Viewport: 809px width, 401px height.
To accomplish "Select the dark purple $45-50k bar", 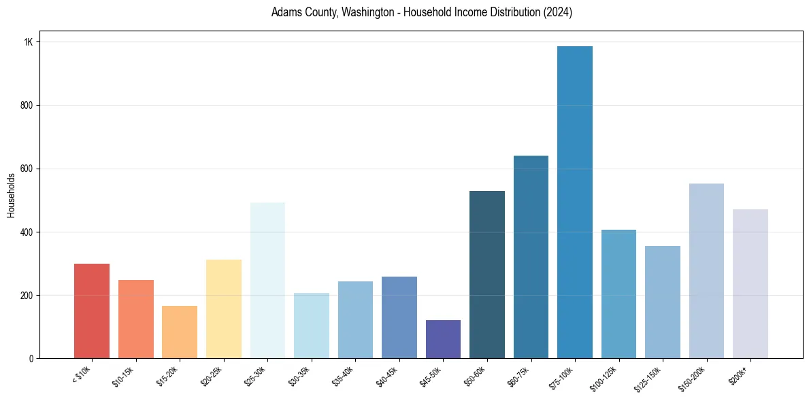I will coord(443,339).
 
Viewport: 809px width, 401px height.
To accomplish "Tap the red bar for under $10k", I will coord(92,311).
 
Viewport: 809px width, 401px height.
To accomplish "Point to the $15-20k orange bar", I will coord(180,332).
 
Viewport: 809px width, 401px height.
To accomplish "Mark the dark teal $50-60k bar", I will coord(487,275).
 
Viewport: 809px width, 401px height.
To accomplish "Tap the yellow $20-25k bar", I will coord(224,309).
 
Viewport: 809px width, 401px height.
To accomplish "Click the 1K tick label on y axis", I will coord(29,42).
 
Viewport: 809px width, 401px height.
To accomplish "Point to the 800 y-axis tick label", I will coord(27,105).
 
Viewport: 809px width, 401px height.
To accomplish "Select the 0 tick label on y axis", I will coord(31,358).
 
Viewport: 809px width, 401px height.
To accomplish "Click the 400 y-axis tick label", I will coord(27,232).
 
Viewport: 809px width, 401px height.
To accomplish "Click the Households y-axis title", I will coord(11,195).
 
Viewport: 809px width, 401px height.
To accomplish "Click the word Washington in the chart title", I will coord(352,12).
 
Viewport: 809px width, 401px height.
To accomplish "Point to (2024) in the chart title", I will coord(557,12).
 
